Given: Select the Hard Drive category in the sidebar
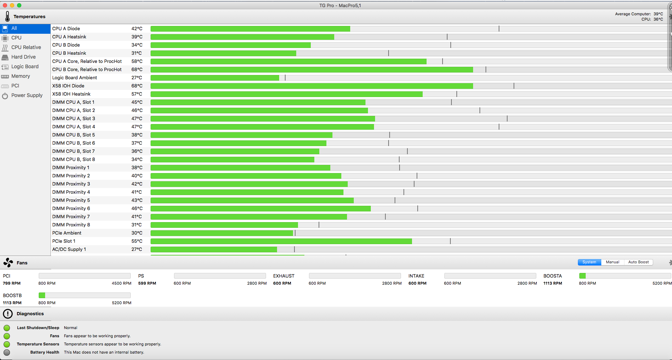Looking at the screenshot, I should [23, 57].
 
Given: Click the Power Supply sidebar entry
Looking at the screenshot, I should [27, 95].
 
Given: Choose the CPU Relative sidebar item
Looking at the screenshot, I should [26, 47].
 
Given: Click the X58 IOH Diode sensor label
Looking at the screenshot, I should [68, 86].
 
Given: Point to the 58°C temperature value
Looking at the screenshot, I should [137, 61].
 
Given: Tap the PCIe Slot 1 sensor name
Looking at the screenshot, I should [64, 241].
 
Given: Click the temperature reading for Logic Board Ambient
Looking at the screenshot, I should [137, 77].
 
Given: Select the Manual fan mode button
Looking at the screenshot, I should [612, 262].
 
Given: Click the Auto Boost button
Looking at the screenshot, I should [638, 262].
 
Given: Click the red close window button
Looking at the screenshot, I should [5, 5].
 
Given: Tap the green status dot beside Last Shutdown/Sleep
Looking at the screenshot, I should [7, 328].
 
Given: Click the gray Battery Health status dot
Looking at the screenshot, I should [7, 352].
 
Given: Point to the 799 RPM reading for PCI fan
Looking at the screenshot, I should [12, 283].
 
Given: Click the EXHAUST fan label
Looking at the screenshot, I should [283, 276].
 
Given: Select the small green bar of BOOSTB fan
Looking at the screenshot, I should [42, 295].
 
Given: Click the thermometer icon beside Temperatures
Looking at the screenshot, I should [7, 16].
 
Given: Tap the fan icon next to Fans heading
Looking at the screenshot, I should [8, 263].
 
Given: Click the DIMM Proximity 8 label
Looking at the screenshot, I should [71, 225].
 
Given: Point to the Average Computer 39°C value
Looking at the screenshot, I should [658, 14].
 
